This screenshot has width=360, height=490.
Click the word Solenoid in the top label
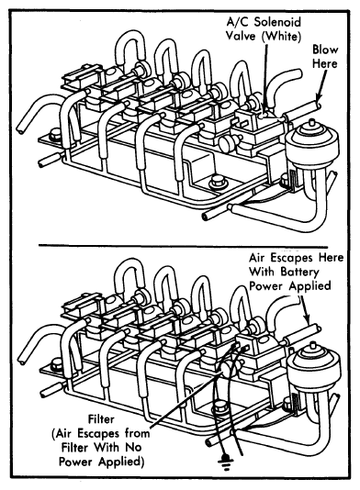click(277, 23)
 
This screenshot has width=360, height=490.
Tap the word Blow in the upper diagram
click(325, 50)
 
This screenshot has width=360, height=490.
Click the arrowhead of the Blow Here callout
click(318, 100)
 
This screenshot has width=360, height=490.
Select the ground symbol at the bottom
click(225, 460)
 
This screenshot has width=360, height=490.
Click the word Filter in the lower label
click(101, 419)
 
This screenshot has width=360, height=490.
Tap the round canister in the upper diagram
click(313, 144)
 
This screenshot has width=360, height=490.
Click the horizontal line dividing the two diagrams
click(184, 246)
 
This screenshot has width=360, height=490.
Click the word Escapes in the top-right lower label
click(293, 258)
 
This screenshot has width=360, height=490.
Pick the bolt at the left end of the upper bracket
click(56, 135)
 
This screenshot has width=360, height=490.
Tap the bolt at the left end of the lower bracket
click(56, 364)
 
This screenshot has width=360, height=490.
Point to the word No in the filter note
click(134, 447)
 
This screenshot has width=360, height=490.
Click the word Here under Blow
click(325, 63)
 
